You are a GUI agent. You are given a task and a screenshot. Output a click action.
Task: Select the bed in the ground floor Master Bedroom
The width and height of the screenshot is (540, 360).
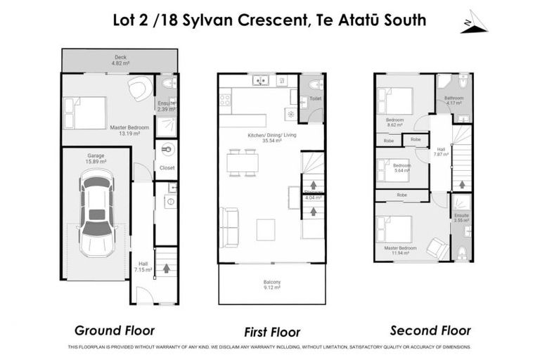[x=84, y=113]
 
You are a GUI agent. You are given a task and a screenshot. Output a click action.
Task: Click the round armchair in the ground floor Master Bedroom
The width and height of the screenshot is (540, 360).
[x=139, y=88]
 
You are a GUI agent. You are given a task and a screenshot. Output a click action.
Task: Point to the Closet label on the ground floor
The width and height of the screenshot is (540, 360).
[x=167, y=168]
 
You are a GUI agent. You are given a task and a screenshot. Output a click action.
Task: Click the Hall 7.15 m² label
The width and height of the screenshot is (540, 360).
[x=142, y=266]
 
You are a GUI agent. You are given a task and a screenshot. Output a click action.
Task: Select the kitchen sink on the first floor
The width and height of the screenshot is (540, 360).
[x=260, y=82]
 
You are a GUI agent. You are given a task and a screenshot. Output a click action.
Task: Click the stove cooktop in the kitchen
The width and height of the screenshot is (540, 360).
[x=226, y=99]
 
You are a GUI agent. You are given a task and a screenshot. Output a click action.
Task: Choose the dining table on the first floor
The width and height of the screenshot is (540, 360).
[x=242, y=162]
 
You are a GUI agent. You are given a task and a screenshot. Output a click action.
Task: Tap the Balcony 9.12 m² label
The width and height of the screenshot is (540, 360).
[x=271, y=285]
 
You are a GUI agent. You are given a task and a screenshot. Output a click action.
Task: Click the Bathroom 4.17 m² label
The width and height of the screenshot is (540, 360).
[x=453, y=101]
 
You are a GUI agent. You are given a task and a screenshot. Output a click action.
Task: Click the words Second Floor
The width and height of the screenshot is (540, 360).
[x=431, y=330]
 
